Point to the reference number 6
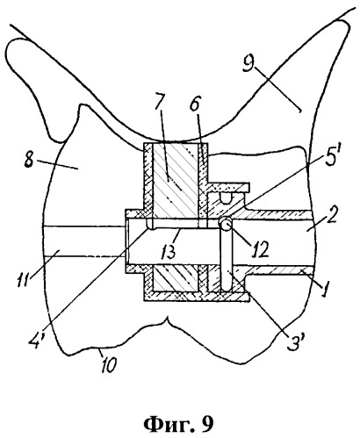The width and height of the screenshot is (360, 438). pyautogui.click(x=195, y=103)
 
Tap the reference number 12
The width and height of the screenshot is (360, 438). pyautogui.click(x=259, y=249)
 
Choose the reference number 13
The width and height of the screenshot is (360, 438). pyautogui.click(x=169, y=250)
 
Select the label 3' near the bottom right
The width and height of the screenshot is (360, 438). pyautogui.click(x=297, y=340)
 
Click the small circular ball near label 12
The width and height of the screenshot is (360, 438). pyautogui.click(x=226, y=224)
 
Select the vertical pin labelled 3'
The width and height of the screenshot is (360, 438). pyautogui.click(x=226, y=258)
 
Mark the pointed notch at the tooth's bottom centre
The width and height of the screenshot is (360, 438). pyautogui.click(x=167, y=319)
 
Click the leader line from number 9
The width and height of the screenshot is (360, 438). pyautogui.click(x=277, y=89)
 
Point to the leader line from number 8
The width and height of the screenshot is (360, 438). pyautogui.click(x=58, y=164)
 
